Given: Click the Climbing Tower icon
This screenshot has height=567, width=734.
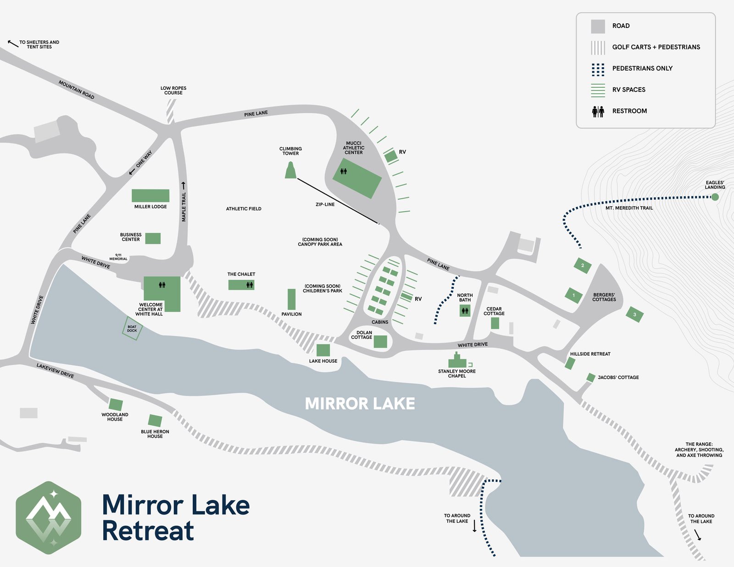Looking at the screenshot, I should click(x=290, y=171).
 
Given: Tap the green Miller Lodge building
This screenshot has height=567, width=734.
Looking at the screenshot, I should click(x=150, y=196).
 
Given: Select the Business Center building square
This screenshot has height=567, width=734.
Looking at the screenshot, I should click(x=153, y=238).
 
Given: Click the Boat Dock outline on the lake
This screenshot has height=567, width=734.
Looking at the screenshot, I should click(x=132, y=329).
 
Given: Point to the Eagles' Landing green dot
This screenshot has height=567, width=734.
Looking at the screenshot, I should click(x=715, y=197).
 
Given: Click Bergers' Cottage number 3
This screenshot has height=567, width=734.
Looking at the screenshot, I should click(x=634, y=314).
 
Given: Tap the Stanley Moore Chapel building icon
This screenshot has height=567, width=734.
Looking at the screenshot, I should click(x=457, y=361).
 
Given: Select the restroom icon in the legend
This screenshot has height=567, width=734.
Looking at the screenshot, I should click(x=598, y=111).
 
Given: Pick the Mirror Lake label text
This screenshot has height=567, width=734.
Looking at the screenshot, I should click(x=360, y=404).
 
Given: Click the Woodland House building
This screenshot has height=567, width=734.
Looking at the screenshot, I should click(x=116, y=405).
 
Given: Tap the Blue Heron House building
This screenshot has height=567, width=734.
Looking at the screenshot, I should click(x=155, y=421).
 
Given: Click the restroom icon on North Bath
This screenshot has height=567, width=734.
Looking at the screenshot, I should click(x=465, y=311).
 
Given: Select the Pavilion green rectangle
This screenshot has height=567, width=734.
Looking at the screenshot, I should click(x=291, y=299).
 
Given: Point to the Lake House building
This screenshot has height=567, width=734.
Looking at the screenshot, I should click(x=323, y=350).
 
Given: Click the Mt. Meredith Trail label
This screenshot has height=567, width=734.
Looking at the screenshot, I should click(x=629, y=208).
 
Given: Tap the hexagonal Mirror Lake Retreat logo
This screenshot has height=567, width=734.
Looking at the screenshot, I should click(x=49, y=517).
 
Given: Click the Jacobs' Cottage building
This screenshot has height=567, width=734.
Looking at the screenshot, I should click(x=591, y=378).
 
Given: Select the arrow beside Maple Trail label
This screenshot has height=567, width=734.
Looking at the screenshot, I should click(x=183, y=186).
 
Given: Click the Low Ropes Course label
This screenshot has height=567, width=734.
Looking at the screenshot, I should click(x=173, y=90).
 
